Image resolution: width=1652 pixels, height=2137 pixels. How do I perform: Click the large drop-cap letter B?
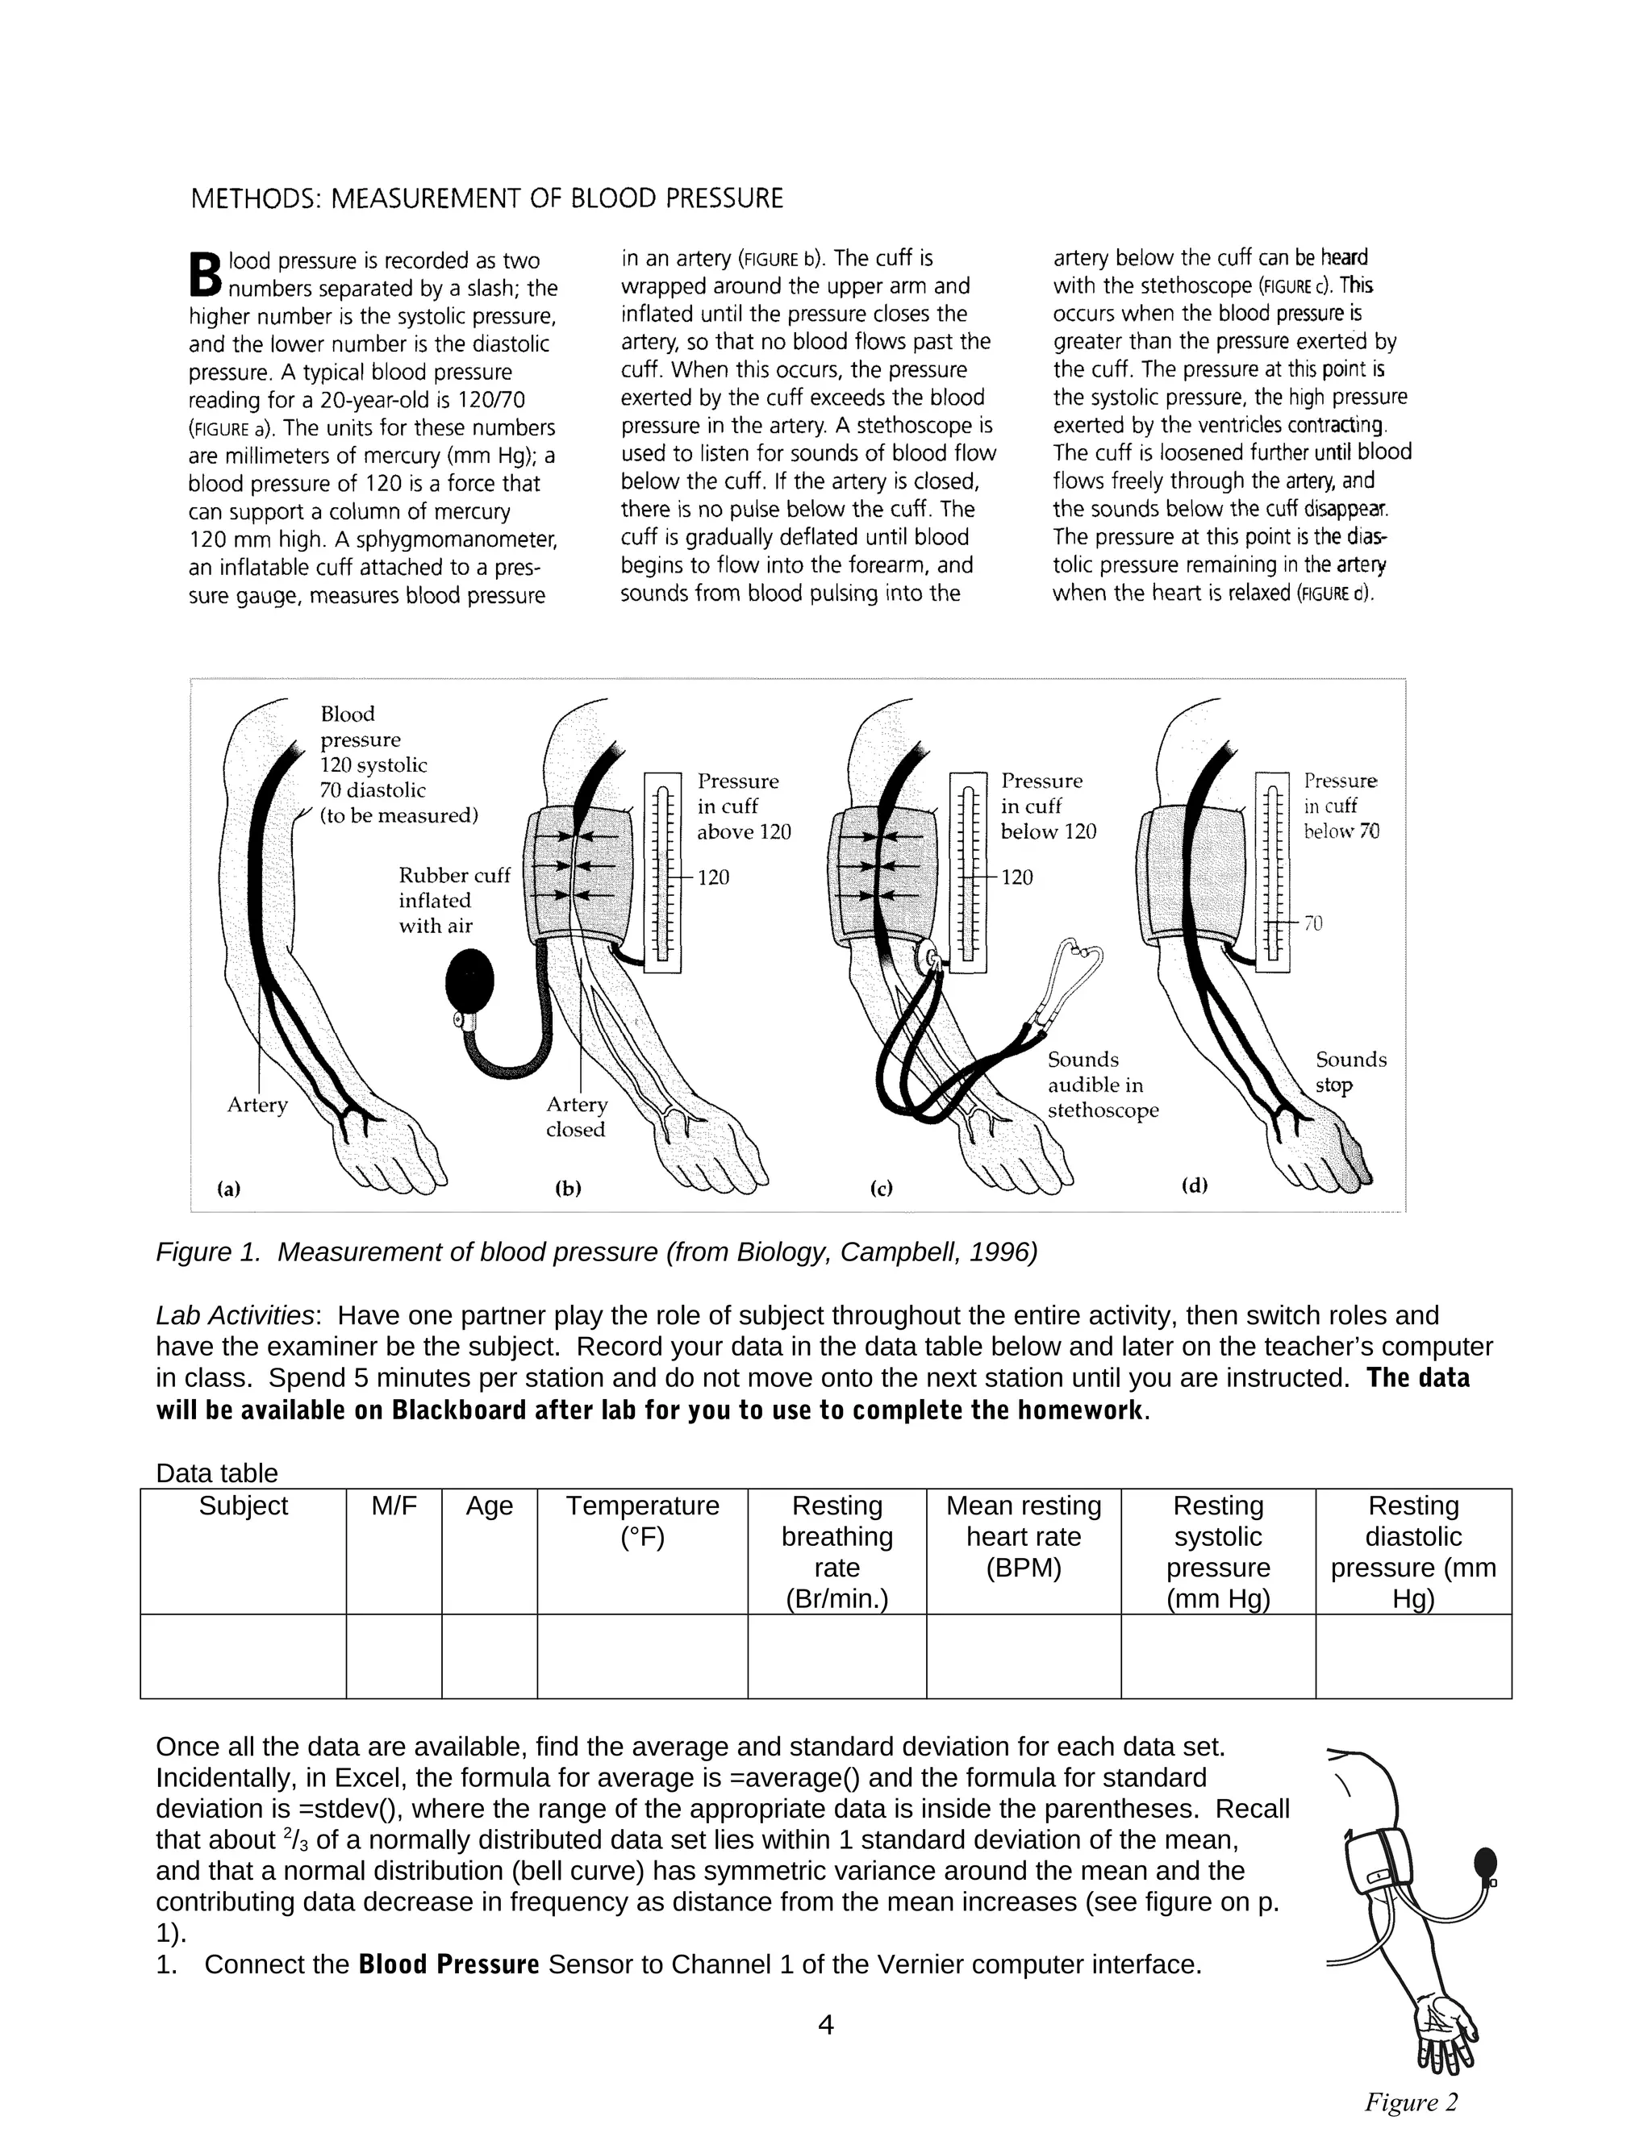206,275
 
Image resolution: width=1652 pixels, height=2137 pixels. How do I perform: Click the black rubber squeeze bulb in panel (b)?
469,981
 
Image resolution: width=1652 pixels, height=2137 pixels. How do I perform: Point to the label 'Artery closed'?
577,1116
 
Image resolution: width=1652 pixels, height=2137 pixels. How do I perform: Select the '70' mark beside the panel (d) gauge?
1312,923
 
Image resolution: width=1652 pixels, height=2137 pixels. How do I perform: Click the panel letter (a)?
228,1189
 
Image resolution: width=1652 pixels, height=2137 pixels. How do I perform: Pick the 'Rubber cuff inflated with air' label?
454,900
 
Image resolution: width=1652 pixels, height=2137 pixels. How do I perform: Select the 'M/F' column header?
394,1505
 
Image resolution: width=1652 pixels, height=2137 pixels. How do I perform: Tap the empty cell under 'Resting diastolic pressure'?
1412,1656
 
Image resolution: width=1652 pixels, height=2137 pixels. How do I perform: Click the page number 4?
825,2024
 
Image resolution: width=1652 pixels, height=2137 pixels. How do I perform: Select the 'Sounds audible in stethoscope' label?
1102,1085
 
